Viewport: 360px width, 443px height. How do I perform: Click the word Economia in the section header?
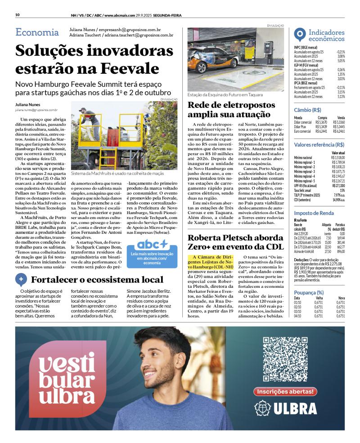[x=37, y=32]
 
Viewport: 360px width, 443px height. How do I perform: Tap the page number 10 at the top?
[x=17, y=15]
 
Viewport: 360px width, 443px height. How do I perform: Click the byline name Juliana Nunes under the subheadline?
[x=27, y=105]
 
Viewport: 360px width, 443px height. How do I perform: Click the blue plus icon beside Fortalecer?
[x=21, y=279]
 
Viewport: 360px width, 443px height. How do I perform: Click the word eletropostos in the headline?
[x=234, y=105]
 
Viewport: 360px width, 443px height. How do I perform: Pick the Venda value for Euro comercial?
[x=339, y=131]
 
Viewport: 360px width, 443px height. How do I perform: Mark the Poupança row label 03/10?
[x=297, y=311]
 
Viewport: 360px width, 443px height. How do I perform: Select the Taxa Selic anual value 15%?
[x=342, y=190]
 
